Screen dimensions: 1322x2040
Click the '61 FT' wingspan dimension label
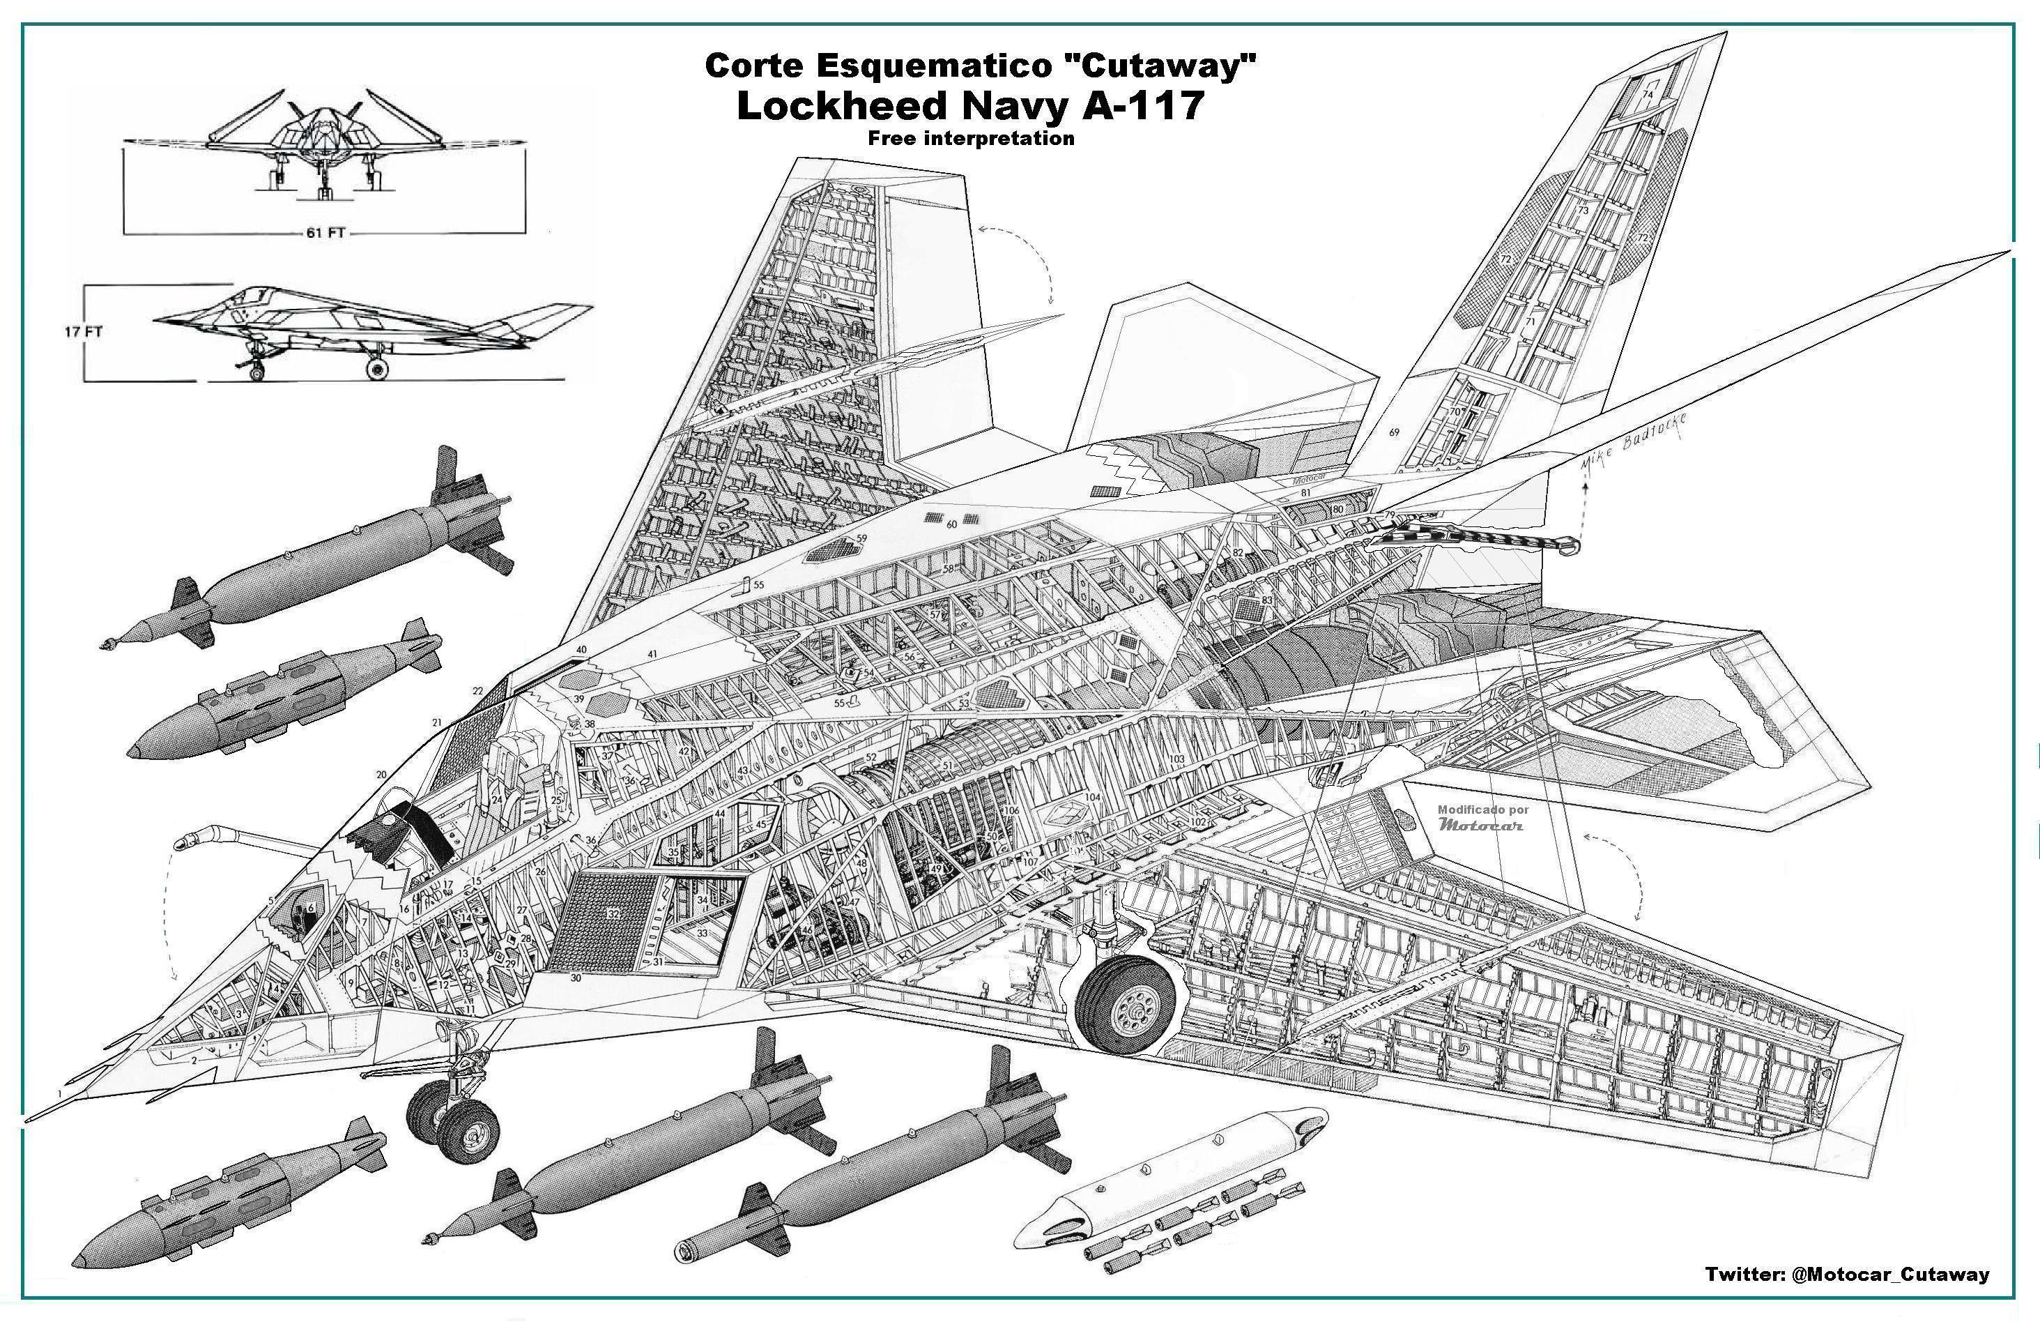click(x=324, y=233)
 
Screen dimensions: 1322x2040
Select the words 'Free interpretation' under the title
click(x=970, y=138)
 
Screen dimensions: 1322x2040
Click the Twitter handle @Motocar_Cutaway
click(x=1846, y=1274)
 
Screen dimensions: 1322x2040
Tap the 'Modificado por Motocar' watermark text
click(x=1482, y=818)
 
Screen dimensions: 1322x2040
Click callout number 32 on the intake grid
click(x=613, y=915)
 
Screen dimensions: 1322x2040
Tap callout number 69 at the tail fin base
click(x=1395, y=432)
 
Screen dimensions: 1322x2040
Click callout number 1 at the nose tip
click(x=59, y=1094)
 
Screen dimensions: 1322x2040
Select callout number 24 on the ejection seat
click(x=496, y=799)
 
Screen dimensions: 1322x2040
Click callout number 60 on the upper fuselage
click(x=951, y=524)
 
